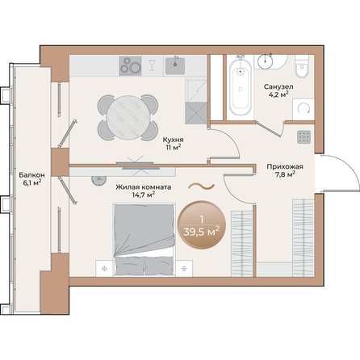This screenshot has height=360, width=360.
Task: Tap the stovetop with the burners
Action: (131, 65)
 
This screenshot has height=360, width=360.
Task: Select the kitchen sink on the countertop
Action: (174, 64)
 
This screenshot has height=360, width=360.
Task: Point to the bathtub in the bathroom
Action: (240, 86)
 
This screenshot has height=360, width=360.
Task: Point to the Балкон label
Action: (32, 174)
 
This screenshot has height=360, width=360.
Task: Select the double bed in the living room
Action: (145, 239)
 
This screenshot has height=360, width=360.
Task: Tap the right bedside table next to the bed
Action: (190, 264)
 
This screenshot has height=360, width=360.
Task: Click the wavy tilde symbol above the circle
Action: (201, 186)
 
